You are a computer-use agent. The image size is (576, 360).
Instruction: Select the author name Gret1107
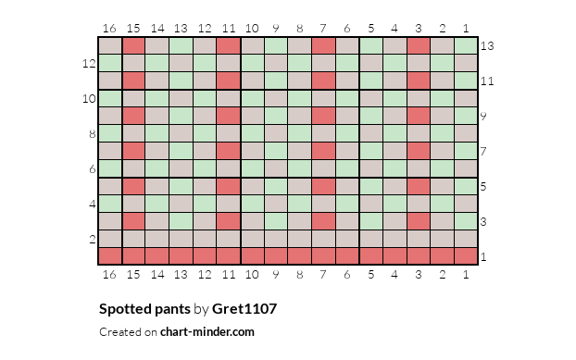244,308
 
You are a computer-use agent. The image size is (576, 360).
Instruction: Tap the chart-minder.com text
207,331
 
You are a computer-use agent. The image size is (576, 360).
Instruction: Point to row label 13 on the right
487,46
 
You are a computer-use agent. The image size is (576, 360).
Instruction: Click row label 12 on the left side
89,64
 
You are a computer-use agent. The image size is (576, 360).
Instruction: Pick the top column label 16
109,29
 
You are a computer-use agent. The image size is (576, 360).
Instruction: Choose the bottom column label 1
466,275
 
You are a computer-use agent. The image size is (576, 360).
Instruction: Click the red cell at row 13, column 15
133,46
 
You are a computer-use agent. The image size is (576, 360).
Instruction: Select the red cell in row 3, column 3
419,222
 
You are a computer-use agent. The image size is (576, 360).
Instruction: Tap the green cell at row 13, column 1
466,46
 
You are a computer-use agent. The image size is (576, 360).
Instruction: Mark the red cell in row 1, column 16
110,256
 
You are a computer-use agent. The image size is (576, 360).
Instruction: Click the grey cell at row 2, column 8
300,239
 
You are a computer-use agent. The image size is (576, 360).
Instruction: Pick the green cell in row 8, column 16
110,133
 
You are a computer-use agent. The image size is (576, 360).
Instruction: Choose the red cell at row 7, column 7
323,151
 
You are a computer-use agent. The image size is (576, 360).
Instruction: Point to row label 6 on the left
93,168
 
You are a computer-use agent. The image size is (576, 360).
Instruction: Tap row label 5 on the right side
483,186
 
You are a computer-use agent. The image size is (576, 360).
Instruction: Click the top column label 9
276,29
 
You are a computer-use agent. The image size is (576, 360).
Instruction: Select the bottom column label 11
229,275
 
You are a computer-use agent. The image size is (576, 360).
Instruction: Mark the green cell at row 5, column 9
276,186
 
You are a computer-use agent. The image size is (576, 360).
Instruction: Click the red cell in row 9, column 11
229,116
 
